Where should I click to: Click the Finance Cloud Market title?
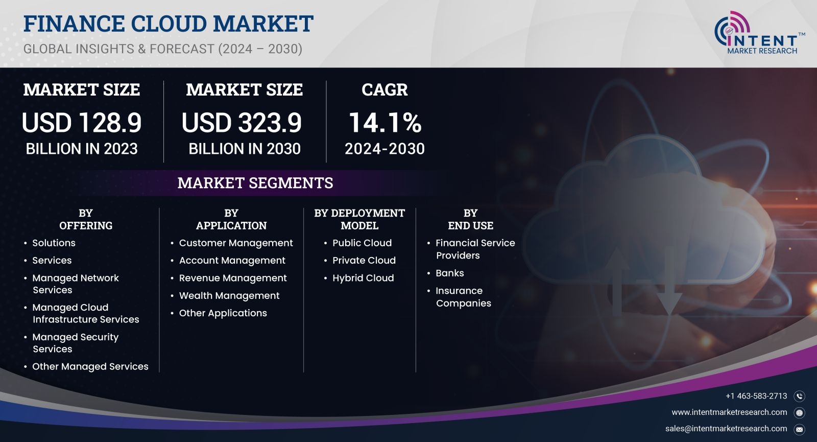tap(168, 24)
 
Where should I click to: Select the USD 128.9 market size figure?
tap(81, 122)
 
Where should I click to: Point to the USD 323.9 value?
tap(242, 122)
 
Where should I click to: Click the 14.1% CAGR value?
tap(385, 122)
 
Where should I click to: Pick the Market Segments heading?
tap(255, 183)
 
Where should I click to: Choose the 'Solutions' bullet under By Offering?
tap(54, 243)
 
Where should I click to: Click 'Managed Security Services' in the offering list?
tap(75, 343)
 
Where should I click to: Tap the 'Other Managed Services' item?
tap(90, 366)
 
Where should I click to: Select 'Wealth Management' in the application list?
tap(229, 296)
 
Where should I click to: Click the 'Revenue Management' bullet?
tap(233, 278)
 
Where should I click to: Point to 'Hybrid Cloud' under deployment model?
tap(363, 278)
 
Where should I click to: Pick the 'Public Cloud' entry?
tap(362, 243)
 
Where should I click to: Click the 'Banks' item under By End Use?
tap(449, 273)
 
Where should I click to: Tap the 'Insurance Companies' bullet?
tap(463, 297)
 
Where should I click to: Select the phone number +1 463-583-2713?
tap(756, 396)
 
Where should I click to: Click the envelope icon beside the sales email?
tap(800, 429)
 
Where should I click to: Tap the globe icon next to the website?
tap(800, 413)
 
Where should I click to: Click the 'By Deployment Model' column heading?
tap(359, 219)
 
